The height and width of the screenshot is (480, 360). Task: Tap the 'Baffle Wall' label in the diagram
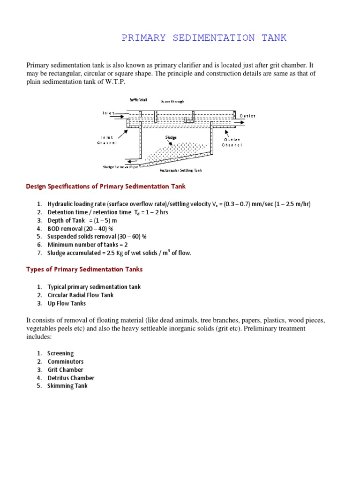(138, 100)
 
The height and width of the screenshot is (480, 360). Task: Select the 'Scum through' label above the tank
(172, 101)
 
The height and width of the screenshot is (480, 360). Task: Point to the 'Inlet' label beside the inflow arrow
(108, 113)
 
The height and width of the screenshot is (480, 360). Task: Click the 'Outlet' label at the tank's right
(247, 116)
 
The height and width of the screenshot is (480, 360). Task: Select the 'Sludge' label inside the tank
(171, 137)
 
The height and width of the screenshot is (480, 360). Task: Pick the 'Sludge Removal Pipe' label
(120, 167)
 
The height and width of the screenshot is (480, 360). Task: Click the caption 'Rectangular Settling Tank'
(181, 170)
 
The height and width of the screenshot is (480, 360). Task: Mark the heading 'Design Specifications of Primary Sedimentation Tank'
(105, 187)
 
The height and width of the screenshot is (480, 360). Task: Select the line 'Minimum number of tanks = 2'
(85, 245)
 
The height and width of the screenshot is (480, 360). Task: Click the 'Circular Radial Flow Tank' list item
(81, 295)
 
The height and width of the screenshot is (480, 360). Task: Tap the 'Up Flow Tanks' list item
(67, 303)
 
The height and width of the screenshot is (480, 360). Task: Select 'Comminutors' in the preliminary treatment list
(66, 362)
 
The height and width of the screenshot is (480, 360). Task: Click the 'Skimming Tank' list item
(67, 386)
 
